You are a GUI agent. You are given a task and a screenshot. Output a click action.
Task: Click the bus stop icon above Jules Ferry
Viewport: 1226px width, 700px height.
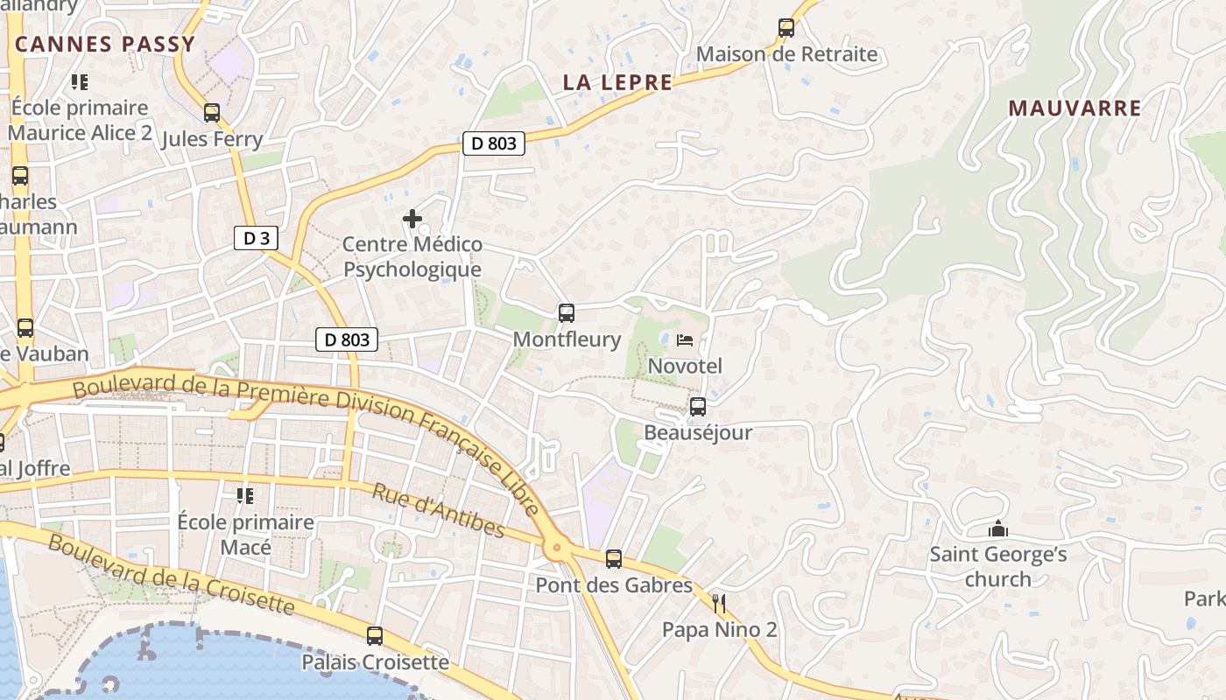click(211, 113)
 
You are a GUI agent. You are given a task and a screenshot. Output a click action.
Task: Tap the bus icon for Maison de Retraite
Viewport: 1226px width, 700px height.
click(786, 28)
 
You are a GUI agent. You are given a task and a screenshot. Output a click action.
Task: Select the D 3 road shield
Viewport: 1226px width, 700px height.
click(256, 238)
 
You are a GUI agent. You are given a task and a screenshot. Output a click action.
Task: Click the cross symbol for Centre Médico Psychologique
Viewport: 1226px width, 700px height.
click(412, 219)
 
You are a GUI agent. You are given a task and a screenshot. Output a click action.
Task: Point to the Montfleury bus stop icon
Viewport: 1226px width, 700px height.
click(567, 313)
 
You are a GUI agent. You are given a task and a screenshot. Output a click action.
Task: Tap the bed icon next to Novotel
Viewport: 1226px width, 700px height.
click(685, 339)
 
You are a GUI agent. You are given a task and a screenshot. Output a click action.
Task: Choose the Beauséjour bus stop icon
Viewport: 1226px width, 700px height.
click(698, 407)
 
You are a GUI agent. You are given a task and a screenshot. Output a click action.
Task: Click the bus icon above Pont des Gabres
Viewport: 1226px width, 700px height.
click(614, 559)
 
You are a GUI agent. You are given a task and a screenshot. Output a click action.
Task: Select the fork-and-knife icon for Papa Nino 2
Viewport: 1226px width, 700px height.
click(720, 603)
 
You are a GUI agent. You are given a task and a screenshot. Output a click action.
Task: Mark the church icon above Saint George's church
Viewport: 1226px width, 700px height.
click(997, 529)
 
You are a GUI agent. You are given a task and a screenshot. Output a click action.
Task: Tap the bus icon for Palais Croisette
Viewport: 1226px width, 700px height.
click(375, 636)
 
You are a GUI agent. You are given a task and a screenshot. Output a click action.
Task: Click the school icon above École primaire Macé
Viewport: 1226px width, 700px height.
click(245, 497)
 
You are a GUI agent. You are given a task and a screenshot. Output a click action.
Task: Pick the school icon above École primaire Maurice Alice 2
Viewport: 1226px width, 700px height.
click(80, 83)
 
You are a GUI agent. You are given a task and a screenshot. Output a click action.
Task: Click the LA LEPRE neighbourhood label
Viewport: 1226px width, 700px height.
click(617, 83)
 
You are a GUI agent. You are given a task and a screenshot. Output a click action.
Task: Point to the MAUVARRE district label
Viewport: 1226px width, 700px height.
click(1075, 108)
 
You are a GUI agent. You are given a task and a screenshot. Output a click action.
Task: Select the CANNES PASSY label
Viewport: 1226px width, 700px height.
click(104, 45)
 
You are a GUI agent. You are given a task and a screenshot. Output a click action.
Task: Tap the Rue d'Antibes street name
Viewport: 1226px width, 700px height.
click(438, 510)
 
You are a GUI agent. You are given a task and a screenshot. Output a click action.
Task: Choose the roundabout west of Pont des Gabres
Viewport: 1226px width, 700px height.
click(556, 549)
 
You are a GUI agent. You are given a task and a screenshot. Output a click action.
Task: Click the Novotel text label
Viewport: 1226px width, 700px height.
click(685, 366)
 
